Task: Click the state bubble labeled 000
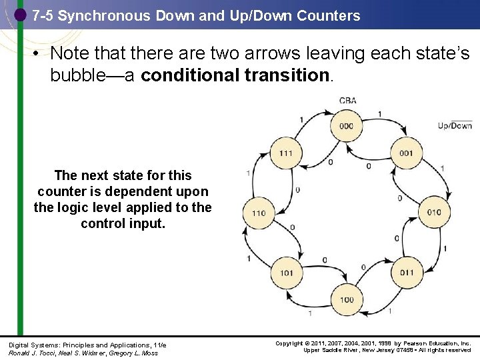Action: tap(346, 126)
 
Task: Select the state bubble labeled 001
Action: tap(406, 153)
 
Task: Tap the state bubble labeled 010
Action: tap(434, 213)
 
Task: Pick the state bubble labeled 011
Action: tap(407, 273)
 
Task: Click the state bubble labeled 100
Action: tap(347, 299)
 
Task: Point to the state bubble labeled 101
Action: tap(286, 273)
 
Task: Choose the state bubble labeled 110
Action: tap(259, 213)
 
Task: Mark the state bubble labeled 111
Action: tap(286, 153)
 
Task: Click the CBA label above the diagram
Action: tap(347, 101)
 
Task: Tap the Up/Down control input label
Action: tap(455, 125)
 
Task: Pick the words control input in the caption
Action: tap(123, 223)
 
